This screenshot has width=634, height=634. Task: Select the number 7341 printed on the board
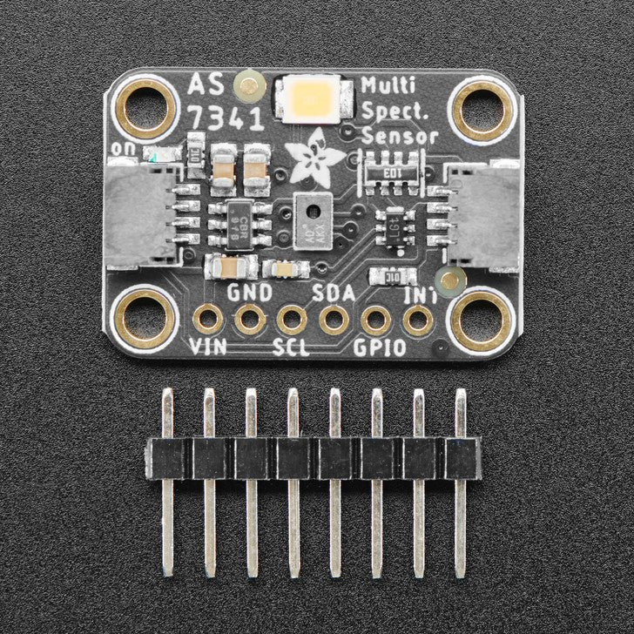point(225,119)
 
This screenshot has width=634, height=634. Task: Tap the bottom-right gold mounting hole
point(481,320)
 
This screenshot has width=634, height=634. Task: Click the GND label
point(249,292)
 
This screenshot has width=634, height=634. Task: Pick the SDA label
point(333,293)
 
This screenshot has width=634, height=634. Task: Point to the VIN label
point(209,350)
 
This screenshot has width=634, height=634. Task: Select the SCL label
point(292,350)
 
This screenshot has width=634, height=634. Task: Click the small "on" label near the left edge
point(124,150)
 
